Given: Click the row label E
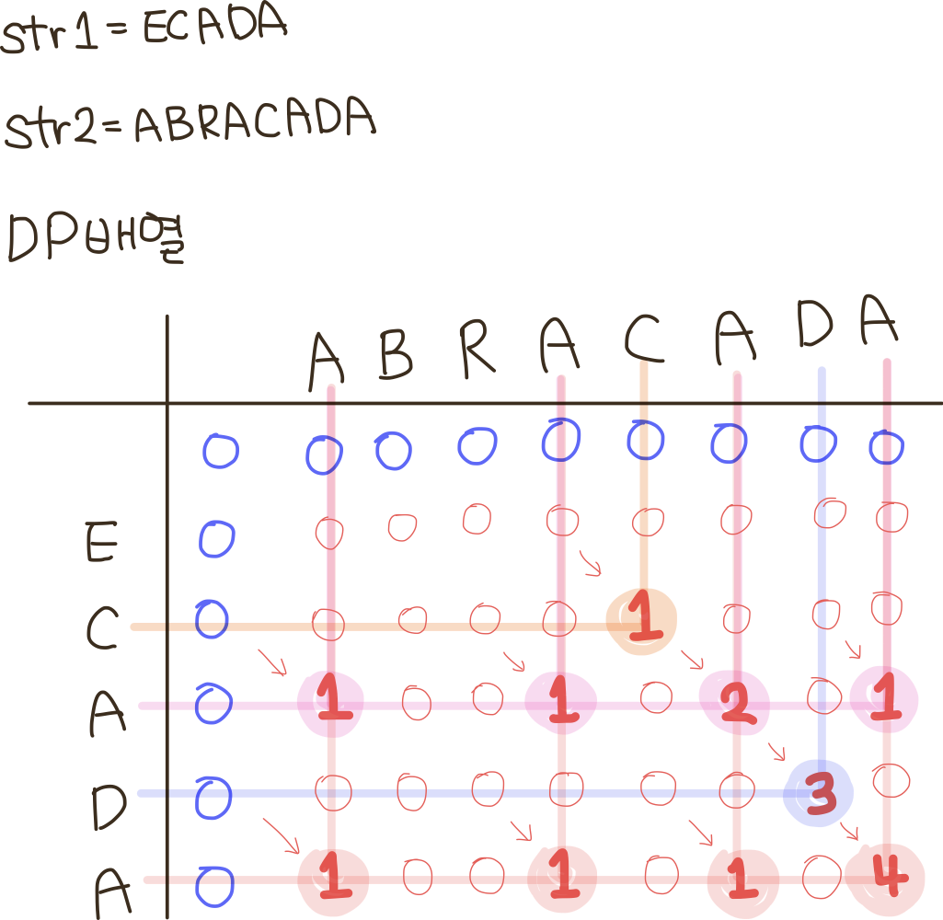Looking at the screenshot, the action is coord(101,545).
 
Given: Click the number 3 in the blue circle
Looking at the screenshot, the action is coord(819,794).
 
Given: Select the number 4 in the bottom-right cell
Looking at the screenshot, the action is coord(886,879).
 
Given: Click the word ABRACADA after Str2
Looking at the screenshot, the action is coord(255,122).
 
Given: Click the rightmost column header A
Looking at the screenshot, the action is coord(879,322).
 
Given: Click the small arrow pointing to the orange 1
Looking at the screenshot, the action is coord(589,562).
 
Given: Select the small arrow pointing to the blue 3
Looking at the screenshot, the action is coord(775,751).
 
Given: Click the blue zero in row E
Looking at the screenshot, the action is coord(216,539).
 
